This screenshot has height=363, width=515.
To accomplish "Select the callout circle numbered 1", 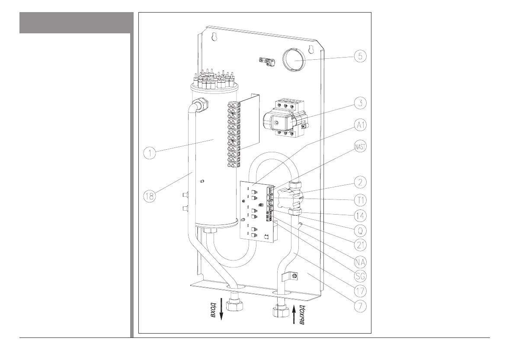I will point(150,152).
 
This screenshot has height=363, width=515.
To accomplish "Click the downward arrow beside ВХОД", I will point(222,309).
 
